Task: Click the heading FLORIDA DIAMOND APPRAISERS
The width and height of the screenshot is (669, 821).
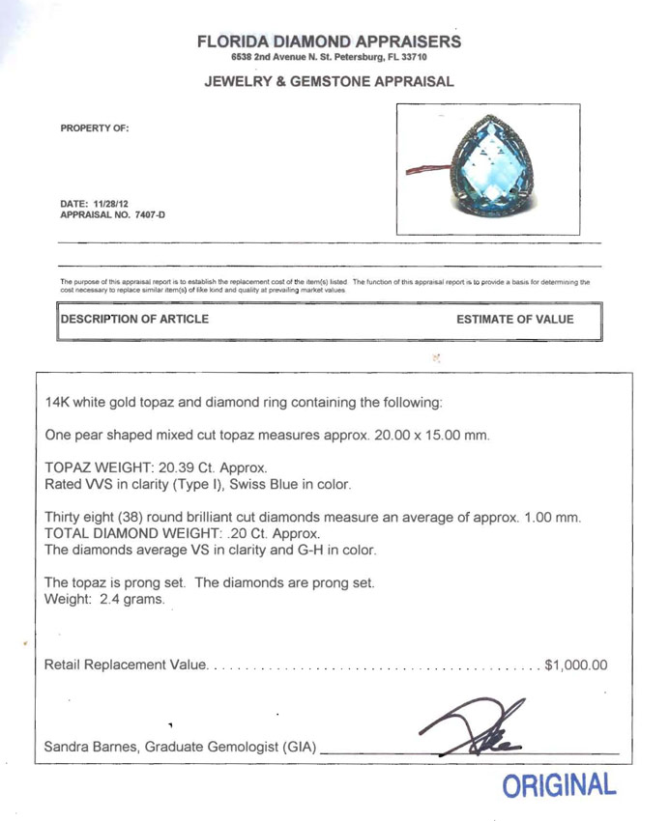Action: point(329,42)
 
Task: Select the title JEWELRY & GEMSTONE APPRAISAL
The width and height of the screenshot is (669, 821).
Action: point(329,82)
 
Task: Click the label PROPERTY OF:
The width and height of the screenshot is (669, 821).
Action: point(94,127)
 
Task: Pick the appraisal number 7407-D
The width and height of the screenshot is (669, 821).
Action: point(147,214)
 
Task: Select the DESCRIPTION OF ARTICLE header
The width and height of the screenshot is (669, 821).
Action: point(134,319)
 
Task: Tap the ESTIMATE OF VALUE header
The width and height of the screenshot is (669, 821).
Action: point(514,319)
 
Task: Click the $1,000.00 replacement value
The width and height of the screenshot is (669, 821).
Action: point(576,665)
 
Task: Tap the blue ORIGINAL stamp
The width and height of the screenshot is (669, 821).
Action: point(559,785)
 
